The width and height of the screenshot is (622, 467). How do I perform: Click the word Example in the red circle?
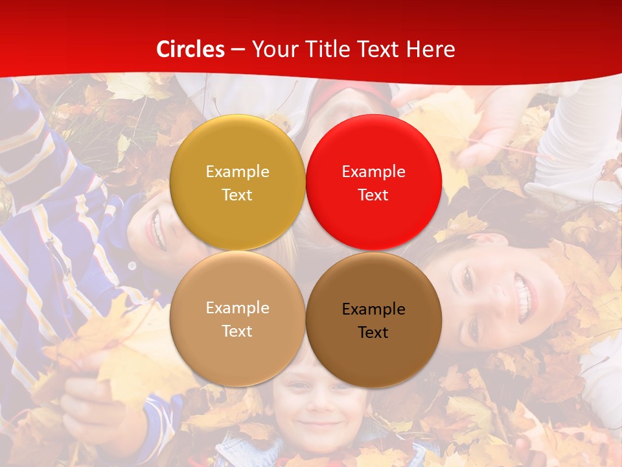click(374, 172)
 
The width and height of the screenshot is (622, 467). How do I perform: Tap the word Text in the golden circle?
click(237, 195)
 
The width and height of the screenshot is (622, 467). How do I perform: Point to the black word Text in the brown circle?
click(373, 333)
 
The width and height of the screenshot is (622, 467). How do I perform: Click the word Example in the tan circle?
click(237, 308)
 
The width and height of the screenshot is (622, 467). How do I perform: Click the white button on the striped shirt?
click(132, 265)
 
